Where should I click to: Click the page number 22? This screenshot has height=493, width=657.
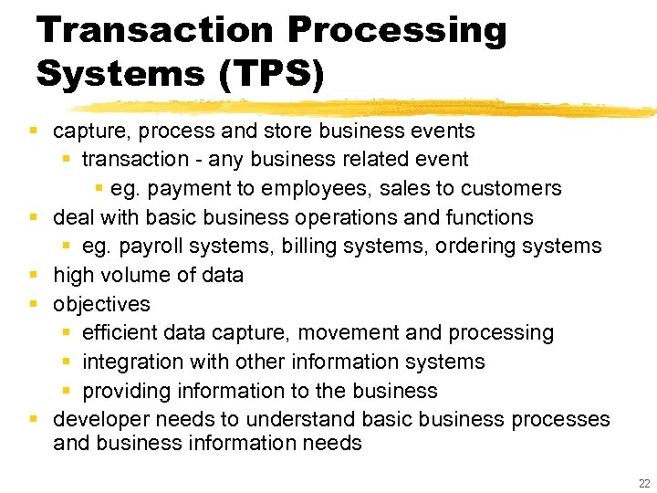pos(643,482)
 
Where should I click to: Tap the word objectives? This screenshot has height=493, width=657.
pos(101,304)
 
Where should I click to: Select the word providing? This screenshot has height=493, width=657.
pos(122,392)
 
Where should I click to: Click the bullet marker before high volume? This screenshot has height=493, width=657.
pos(33,276)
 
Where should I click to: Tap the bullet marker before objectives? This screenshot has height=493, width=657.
pos(33,304)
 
